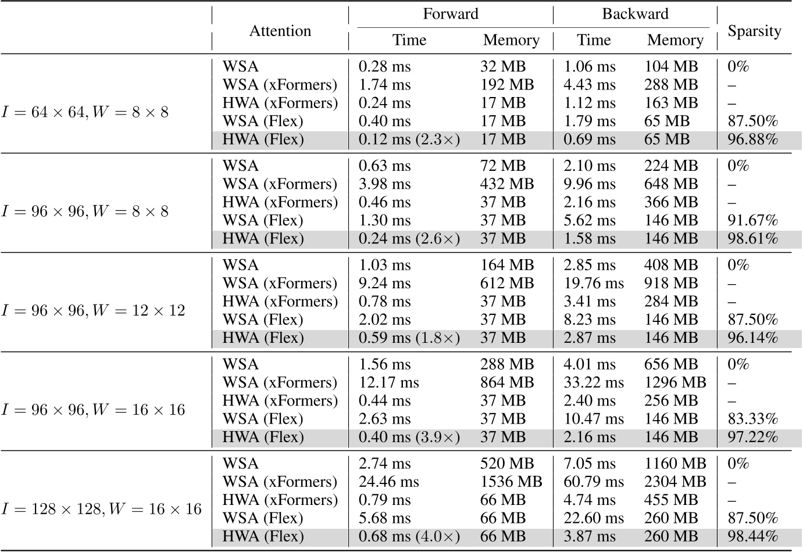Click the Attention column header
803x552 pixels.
(280, 31)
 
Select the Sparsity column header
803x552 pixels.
(754, 31)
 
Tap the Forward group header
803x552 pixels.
(450, 13)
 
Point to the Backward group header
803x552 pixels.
(635, 13)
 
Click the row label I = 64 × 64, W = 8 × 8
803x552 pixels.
(85, 112)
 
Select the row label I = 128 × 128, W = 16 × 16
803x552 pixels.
(101, 509)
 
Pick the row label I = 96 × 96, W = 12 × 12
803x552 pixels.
(93, 310)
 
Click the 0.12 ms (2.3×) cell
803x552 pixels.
(409, 139)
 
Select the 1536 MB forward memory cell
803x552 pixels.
(511, 482)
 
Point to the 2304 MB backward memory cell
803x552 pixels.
(675, 482)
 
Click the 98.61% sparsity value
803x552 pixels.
(752, 239)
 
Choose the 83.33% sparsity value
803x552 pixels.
(752, 419)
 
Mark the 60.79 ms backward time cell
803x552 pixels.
(594, 482)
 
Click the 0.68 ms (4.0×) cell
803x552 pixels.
(409, 537)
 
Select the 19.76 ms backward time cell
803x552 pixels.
(594, 283)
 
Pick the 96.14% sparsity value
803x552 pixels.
(752, 338)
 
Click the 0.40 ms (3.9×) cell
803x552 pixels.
(409, 438)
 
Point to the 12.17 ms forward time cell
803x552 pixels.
(388, 382)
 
